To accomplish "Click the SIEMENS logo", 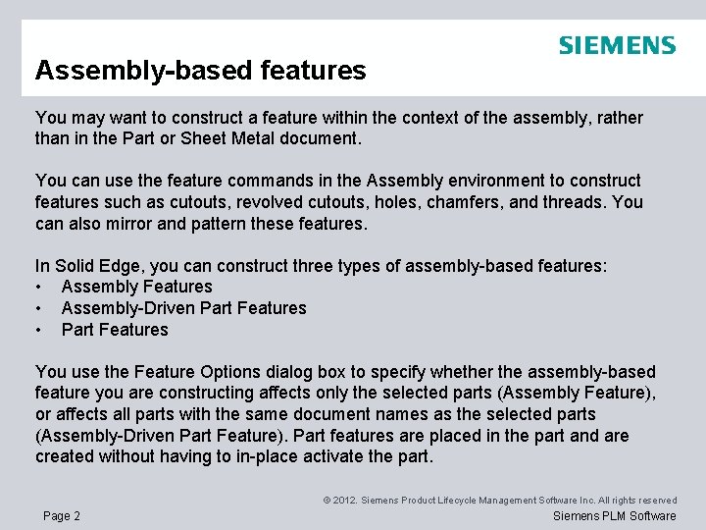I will (617, 45).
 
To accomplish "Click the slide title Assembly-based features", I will (200, 71).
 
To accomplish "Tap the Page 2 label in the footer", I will (62, 516).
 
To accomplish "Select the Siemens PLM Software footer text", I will (615, 516).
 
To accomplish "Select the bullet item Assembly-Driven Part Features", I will (183, 308).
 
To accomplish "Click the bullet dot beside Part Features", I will (39, 330).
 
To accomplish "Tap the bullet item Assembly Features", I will (136, 287).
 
